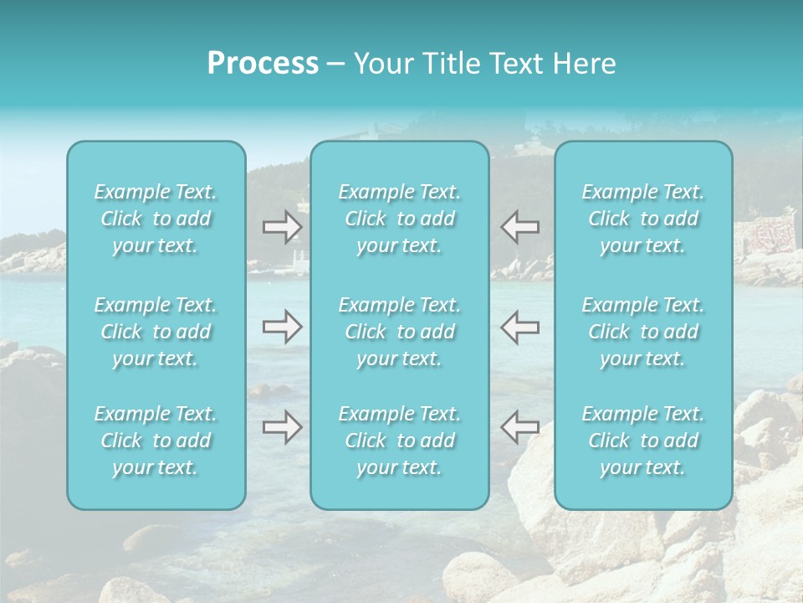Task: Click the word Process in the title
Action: (263, 64)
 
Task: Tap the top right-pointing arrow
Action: (282, 226)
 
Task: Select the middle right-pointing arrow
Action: (282, 327)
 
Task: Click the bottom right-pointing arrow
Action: (282, 427)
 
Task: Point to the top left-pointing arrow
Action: (519, 226)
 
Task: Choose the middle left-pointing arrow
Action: (519, 327)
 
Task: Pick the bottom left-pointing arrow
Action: (519, 427)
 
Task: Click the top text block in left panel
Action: (156, 219)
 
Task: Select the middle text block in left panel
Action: (156, 332)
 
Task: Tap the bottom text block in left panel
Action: (156, 441)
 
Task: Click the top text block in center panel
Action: (400, 219)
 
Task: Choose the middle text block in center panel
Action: (400, 332)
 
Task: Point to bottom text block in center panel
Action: (400, 441)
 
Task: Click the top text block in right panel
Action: (643, 219)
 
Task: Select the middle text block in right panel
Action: (643, 332)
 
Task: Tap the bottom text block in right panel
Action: (643, 441)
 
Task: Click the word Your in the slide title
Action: (381, 64)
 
